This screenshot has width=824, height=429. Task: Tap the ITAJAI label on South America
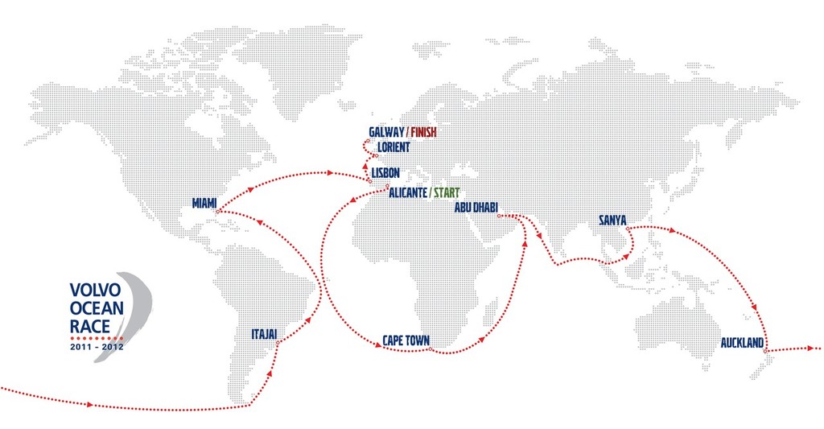266,332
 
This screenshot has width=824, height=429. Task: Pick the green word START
447,193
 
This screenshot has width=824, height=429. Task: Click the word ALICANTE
406,193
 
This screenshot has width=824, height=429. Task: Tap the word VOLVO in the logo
95,291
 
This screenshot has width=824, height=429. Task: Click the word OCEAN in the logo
95,308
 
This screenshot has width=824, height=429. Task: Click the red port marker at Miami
219,212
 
